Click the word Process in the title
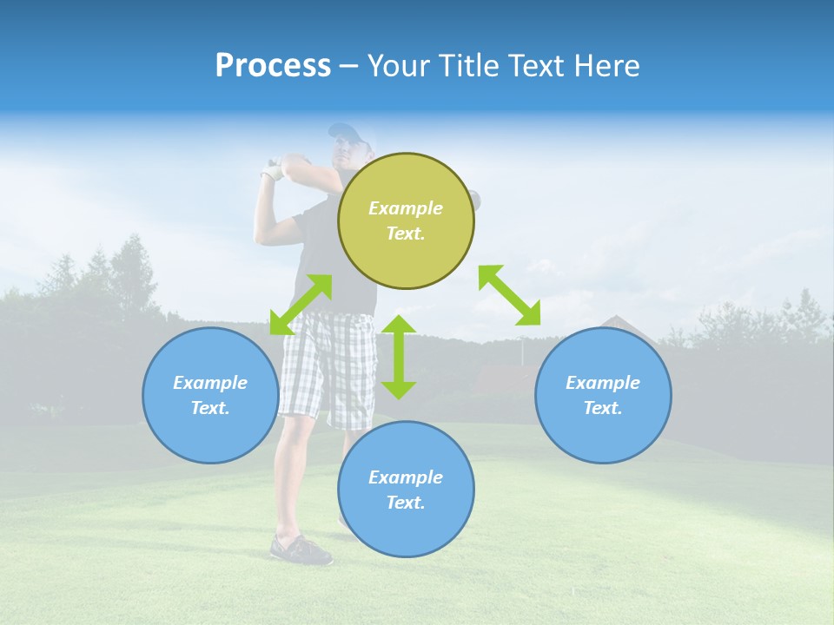[x=273, y=66]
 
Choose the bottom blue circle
[x=406, y=530]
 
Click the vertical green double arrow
[x=399, y=357]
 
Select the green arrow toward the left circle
[x=301, y=306]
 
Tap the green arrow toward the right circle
[x=510, y=295]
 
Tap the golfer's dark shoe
[x=301, y=550]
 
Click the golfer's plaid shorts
[x=326, y=365]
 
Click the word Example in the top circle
[x=406, y=208]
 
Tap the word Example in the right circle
[x=603, y=383]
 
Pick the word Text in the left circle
[x=209, y=408]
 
